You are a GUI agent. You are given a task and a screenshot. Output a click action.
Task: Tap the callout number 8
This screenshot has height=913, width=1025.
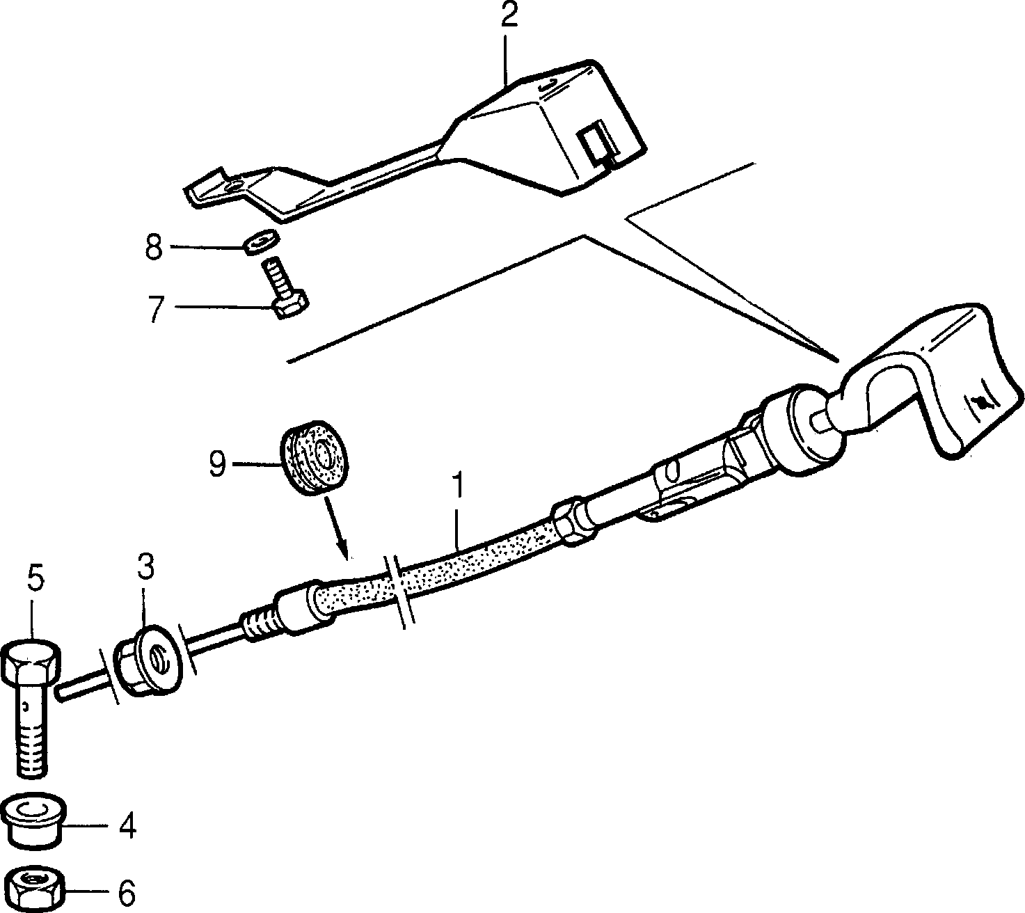154,248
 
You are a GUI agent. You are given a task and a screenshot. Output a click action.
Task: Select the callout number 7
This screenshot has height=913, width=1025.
157,308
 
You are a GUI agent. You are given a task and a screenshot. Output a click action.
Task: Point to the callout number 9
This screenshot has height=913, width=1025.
218,463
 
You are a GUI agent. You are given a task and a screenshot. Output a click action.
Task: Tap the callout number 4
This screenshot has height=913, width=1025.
127,825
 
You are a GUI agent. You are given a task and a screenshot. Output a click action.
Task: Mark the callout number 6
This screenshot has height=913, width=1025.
127,894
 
